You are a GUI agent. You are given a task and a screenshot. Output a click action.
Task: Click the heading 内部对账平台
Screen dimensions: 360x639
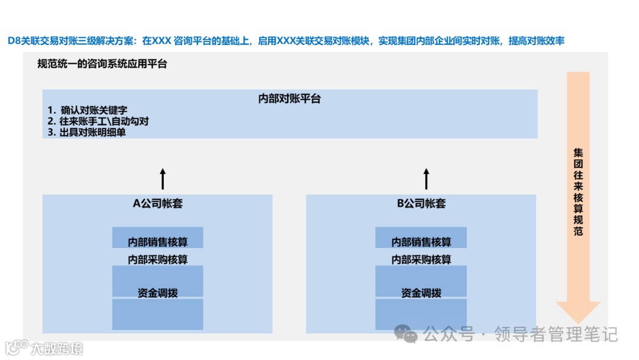point(289,99)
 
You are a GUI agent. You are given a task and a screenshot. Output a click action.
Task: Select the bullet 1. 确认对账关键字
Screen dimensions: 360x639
point(88,111)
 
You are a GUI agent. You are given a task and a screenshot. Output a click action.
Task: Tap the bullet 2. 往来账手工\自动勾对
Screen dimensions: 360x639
point(98,122)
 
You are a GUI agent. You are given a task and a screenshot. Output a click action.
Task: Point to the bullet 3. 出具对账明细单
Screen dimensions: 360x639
point(87,133)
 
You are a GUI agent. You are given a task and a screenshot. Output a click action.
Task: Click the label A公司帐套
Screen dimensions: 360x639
point(157,204)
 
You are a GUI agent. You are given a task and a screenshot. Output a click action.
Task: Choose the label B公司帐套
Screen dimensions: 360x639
point(421,204)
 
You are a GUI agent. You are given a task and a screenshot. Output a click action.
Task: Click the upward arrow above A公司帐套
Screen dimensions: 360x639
point(163,178)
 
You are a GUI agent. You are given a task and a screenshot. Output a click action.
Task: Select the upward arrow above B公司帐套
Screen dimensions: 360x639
point(426,178)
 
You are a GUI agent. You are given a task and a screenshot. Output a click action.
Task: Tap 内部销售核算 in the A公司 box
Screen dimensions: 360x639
point(158,242)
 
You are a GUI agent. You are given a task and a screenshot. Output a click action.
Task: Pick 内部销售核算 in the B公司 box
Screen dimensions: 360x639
point(421,242)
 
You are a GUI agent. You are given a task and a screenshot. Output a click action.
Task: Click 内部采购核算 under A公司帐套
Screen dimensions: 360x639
point(158,259)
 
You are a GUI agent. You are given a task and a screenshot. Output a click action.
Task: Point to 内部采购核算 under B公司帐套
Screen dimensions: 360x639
point(421,259)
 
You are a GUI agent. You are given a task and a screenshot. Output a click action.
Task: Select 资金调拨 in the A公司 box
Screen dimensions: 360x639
point(158,293)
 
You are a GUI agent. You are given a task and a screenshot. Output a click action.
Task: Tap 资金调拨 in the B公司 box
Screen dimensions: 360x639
point(421,293)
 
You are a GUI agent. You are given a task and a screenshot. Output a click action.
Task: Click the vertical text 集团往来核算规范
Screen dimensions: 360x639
point(578,192)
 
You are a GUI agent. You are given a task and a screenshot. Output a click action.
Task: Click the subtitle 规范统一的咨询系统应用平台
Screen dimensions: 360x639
point(102,64)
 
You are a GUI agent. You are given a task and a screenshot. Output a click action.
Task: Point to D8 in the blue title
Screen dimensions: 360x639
point(15,41)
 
